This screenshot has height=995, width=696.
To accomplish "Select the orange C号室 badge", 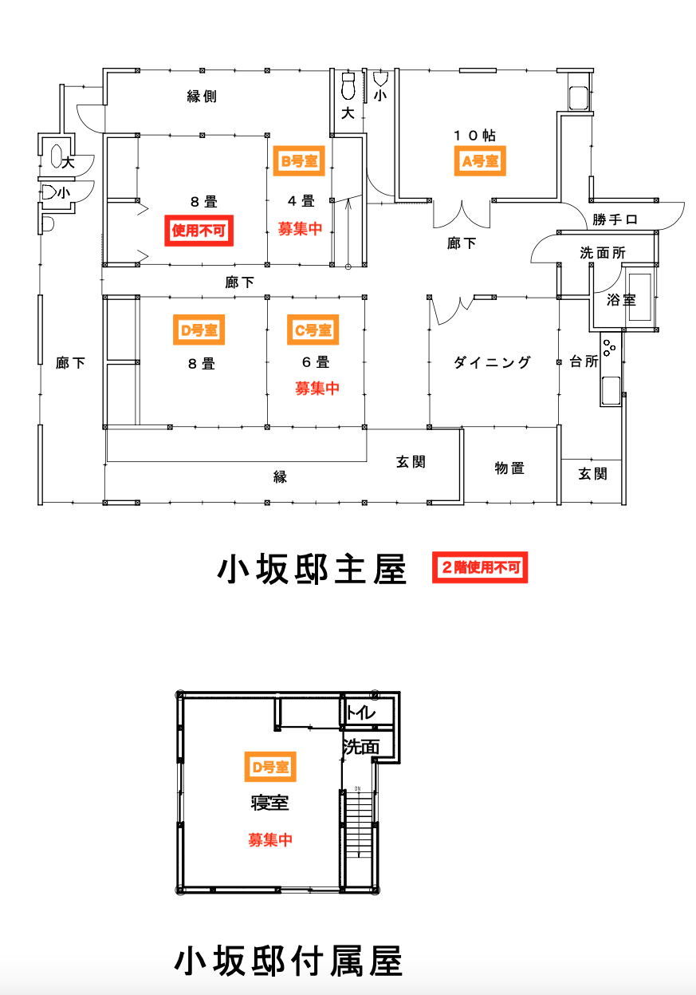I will (x=313, y=330).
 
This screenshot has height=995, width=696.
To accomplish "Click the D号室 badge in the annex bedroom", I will (x=269, y=767).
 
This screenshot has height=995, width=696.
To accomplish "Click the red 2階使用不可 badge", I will (x=480, y=567).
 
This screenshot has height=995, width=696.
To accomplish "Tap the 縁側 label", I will (x=202, y=97).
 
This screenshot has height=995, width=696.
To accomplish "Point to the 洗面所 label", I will (x=602, y=253).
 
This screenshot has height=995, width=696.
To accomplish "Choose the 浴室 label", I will (x=621, y=301).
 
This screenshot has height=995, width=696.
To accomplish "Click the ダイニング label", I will (x=492, y=362).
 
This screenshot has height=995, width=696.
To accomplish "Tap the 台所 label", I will (x=584, y=361).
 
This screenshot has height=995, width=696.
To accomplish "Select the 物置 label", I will (x=509, y=468).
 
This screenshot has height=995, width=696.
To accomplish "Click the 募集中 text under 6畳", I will (x=317, y=389).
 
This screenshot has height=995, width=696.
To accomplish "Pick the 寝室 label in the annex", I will (x=269, y=803).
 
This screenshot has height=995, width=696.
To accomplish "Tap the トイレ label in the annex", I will (x=360, y=713).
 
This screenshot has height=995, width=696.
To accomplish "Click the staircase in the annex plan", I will (x=359, y=838).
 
